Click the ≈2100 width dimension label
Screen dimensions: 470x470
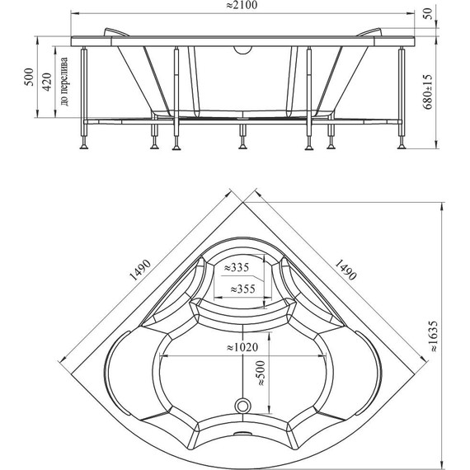(x=242, y=6)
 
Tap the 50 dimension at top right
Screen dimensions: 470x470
(x=429, y=13)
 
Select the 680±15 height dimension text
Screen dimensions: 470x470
(x=429, y=92)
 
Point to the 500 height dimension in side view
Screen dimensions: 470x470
(x=30, y=77)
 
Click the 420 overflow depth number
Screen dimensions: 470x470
(x=47, y=82)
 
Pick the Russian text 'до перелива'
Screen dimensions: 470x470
(x=64, y=82)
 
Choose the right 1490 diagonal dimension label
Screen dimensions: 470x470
(x=345, y=270)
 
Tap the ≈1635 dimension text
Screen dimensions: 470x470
(x=435, y=336)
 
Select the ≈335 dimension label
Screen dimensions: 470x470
(x=237, y=267)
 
